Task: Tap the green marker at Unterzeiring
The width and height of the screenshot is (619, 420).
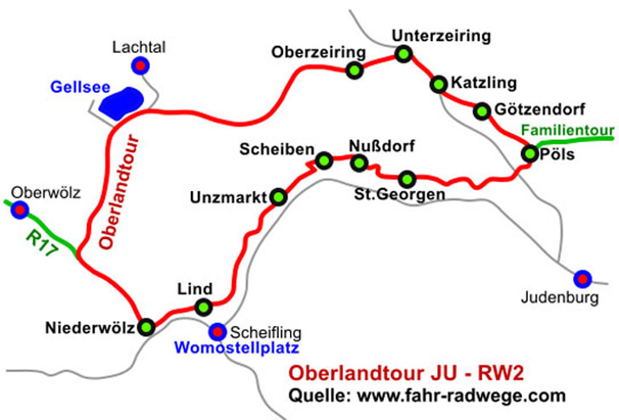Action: coord(403,55)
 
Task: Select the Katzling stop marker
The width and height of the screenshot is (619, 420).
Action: coord(438,84)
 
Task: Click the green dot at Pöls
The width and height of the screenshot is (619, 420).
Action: coord(530,154)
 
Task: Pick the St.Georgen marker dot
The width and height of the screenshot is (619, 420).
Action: coord(408,178)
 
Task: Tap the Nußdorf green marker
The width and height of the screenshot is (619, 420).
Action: coord(360,162)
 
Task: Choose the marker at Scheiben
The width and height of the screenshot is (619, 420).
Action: coord(324,160)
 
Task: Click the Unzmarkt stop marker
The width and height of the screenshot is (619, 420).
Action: coord(278,197)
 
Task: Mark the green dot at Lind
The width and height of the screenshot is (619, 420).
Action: coord(203,307)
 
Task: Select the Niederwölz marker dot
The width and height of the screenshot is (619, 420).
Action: coord(147,326)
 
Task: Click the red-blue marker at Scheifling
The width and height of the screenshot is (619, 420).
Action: coord(218,330)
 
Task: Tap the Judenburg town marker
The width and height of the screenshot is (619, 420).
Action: coord(582,277)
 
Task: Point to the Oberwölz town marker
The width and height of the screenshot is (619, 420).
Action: coord(20,209)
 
